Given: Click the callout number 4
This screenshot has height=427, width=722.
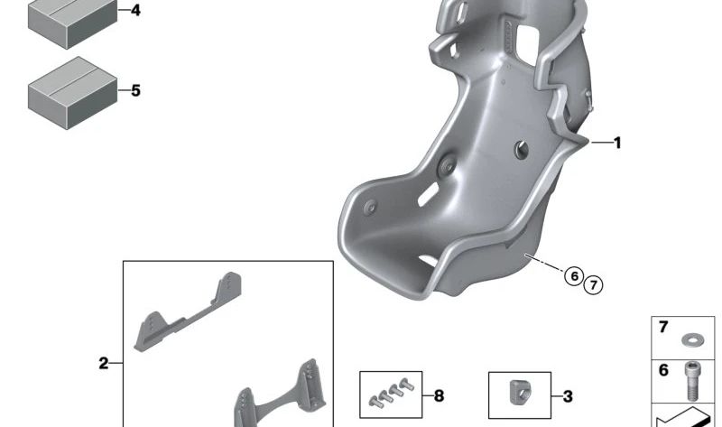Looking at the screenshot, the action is tap(135, 10).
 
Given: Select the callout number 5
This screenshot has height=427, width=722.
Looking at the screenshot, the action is tap(135, 91).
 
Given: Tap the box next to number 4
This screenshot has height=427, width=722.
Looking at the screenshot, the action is tap(73, 23).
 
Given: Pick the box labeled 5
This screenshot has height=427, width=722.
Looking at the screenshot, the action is tap(73, 93).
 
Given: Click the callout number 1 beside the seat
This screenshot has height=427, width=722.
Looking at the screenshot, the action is tap(617, 144).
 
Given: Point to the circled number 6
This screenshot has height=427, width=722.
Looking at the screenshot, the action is tap(574, 276).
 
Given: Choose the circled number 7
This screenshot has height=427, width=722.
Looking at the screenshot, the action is tap(593, 285).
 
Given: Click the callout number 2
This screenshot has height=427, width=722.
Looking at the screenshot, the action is tap(104, 364).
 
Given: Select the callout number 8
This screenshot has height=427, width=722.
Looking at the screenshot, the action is tap(439, 395).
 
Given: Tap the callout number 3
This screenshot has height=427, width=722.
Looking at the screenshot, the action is tap(568, 396).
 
